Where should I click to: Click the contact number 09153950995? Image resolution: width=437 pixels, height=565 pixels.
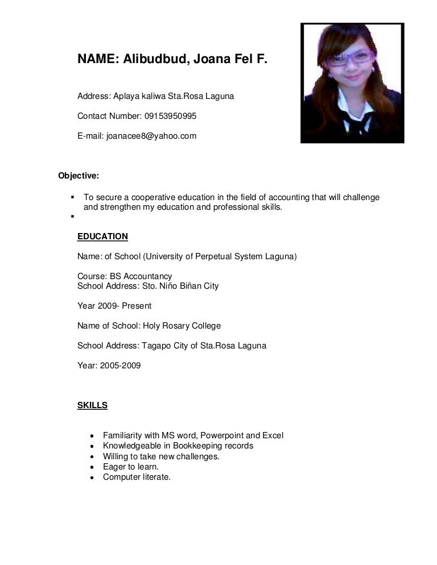pyautogui.click(x=170, y=116)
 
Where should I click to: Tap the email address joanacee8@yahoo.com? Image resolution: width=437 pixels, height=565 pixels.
pyautogui.click(x=151, y=136)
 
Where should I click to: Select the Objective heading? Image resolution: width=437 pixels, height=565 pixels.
pyautogui.click(x=79, y=175)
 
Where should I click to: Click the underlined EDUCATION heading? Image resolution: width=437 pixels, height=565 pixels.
pyautogui.click(x=102, y=236)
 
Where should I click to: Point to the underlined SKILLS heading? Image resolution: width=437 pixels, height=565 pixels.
pyautogui.click(x=92, y=405)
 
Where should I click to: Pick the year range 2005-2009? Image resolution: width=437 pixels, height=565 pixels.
pyautogui.click(x=120, y=365)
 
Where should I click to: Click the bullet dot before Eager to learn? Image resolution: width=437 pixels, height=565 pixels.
pyautogui.click(x=92, y=467)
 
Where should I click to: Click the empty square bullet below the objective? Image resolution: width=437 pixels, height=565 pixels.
pyautogui.click(x=73, y=217)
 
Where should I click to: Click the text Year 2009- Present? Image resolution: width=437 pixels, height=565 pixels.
pyautogui.click(x=114, y=306)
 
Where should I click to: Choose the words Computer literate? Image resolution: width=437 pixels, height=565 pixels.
pyautogui.click(x=137, y=477)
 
